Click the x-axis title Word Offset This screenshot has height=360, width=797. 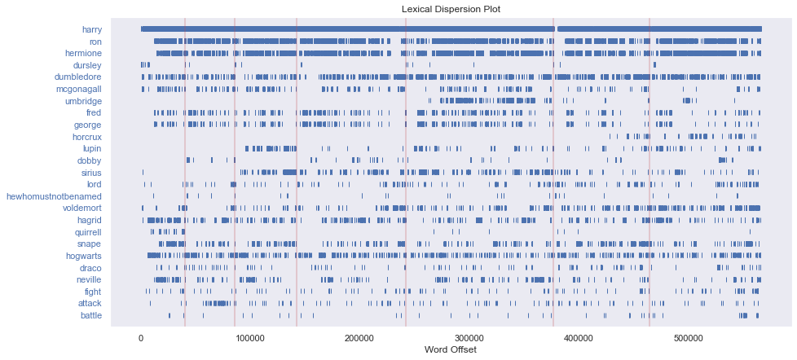coord(451,349)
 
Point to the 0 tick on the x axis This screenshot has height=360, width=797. coord(141,337)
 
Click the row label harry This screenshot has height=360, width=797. coord(91,29)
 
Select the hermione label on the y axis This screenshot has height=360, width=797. coord(83,53)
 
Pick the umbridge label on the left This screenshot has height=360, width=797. coord(82,101)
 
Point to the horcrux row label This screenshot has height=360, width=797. coord(86,137)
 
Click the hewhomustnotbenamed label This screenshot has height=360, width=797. coord(54,196)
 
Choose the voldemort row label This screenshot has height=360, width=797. coord(81,209)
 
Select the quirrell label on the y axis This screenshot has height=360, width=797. coord(87,232)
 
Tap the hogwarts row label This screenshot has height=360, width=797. coord(84,256)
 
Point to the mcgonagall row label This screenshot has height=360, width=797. coord(78,89)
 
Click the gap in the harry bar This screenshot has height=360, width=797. coord(556,29)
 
